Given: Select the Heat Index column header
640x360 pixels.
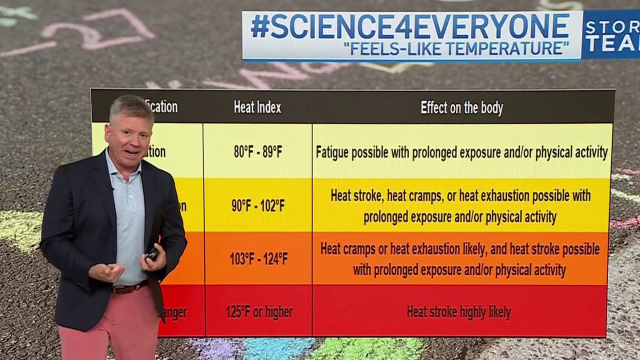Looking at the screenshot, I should click(257, 107).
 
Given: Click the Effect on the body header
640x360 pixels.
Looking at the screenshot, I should click(461, 108).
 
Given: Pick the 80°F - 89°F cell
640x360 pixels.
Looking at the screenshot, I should click(258, 152).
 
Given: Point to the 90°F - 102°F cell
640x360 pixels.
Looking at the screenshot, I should click(258, 206).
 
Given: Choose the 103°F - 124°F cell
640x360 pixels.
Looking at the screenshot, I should click(259, 259).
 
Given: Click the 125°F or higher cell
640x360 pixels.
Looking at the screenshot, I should click(259, 312).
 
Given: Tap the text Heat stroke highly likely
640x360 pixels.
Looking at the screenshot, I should click(459, 312).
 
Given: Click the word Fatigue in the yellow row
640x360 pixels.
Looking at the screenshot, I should click(333, 153).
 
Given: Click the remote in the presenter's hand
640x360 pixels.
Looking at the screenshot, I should click(153, 254).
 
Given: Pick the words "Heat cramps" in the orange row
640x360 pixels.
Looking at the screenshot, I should click(346, 249).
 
